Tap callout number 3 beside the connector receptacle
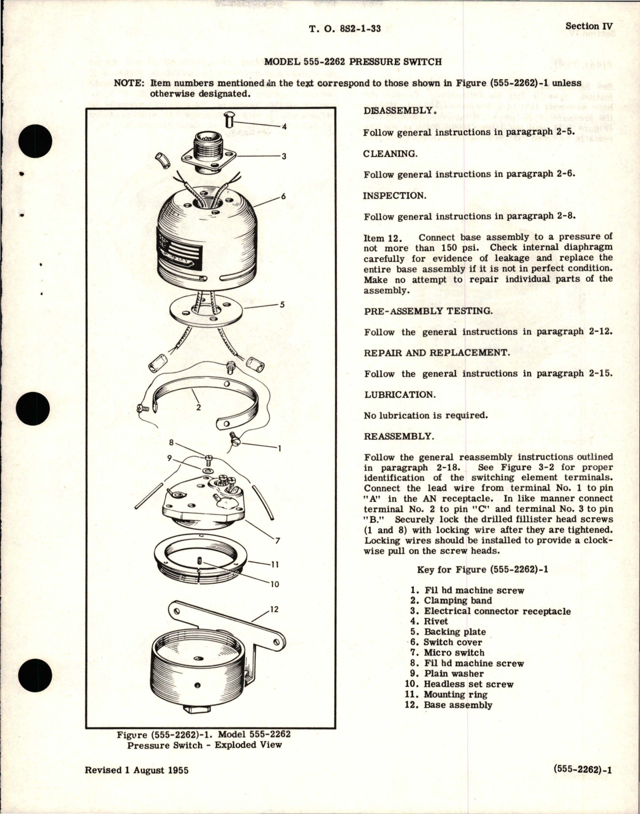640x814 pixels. click(x=284, y=156)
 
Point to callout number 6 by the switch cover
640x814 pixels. click(x=283, y=196)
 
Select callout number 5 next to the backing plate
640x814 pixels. click(x=282, y=305)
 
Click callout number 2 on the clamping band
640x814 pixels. click(x=198, y=407)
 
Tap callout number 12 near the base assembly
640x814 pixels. click(x=275, y=609)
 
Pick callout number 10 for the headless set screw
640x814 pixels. click(x=275, y=584)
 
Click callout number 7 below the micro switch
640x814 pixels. click(x=278, y=541)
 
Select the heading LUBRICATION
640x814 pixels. click(x=399, y=395)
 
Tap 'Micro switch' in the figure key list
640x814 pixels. click(x=454, y=652)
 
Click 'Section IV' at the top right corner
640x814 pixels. click(x=589, y=26)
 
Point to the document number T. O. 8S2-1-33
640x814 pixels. click(x=345, y=29)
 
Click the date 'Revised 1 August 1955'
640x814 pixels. click(x=137, y=770)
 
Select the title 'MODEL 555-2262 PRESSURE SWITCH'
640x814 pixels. click(x=353, y=62)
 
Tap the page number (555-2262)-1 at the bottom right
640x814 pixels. click(x=582, y=770)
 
